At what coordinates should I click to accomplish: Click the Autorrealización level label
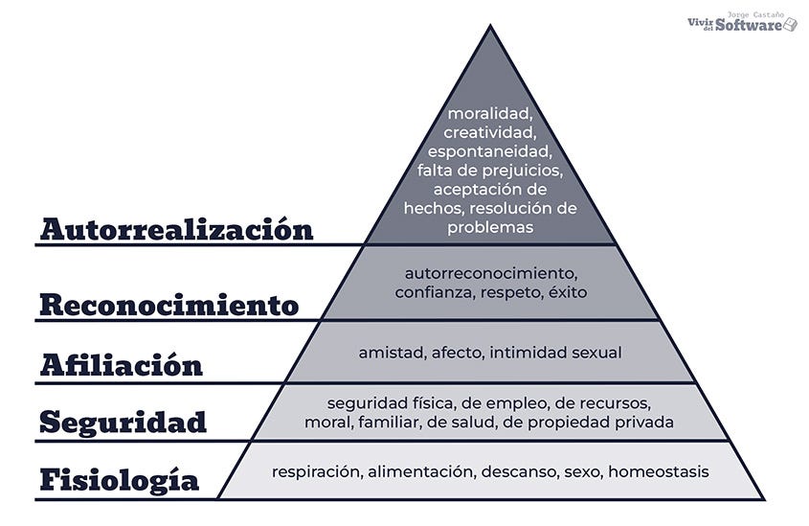pos(177,230)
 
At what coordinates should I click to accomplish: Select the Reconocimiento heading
pos(169,306)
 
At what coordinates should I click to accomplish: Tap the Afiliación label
pos(122,365)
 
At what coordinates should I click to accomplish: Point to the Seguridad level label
pos(124,422)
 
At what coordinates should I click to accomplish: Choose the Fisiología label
pos(120,479)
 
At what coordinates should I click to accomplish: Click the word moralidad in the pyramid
pos(490,114)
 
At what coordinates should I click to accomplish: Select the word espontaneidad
pos(490,151)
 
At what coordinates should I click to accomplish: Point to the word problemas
pos(490,227)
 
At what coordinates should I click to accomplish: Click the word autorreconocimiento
pos(490,273)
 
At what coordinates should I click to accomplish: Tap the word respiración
pos(315,471)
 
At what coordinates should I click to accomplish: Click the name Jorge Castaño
pos(755,13)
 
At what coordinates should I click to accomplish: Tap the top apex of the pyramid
pos(490,27)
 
